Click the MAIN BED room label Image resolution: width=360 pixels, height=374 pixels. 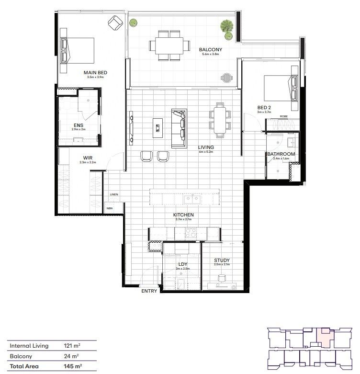click(x=97, y=72)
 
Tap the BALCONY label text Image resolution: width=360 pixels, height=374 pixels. click(x=209, y=49)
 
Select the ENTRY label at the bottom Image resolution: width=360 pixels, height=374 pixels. click(x=149, y=291)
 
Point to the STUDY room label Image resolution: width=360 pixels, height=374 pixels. click(x=222, y=261)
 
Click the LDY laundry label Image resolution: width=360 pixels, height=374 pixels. click(x=182, y=264)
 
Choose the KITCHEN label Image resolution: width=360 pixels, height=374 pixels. click(x=183, y=215)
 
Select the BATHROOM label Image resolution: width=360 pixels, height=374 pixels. click(x=281, y=154)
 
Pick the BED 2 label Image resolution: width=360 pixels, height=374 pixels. click(x=264, y=107)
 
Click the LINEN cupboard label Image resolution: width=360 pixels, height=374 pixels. click(x=114, y=194)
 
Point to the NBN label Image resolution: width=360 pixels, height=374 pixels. click(x=110, y=208)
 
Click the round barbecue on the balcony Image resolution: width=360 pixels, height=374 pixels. click(x=226, y=77)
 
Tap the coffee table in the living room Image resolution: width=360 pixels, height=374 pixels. click(x=157, y=127)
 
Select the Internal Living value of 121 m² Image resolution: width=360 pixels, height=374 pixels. click(x=71, y=345)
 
